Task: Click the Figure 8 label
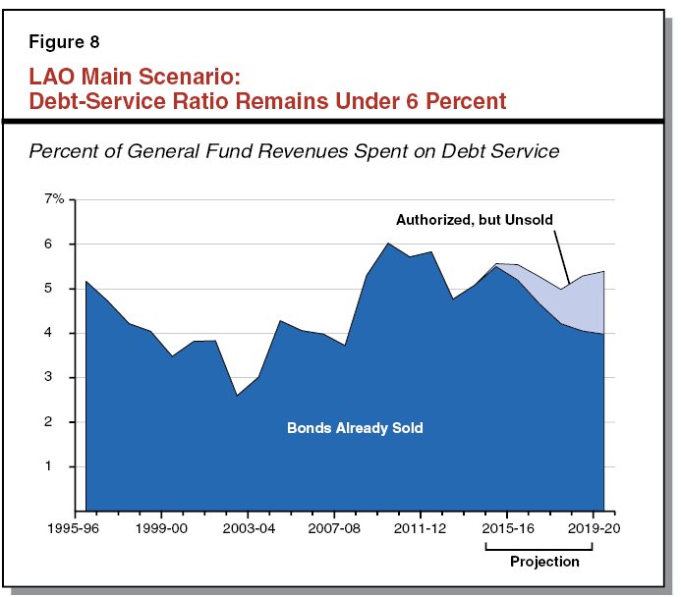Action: click(x=66, y=42)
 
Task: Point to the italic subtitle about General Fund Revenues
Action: click(x=295, y=151)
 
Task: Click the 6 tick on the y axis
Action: click(x=60, y=244)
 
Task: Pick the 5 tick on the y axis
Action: click(x=60, y=289)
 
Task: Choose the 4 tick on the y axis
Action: click(x=60, y=333)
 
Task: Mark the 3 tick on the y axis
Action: click(x=60, y=377)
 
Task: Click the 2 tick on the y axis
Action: click(x=60, y=422)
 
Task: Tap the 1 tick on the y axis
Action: click(x=60, y=466)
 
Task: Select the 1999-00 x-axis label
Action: click(x=161, y=528)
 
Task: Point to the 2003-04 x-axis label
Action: click(x=248, y=528)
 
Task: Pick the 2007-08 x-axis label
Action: click(x=334, y=528)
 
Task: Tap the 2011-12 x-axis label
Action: click(x=421, y=528)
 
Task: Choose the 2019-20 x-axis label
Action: click(x=594, y=528)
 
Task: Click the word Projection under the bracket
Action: click(x=544, y=562)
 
